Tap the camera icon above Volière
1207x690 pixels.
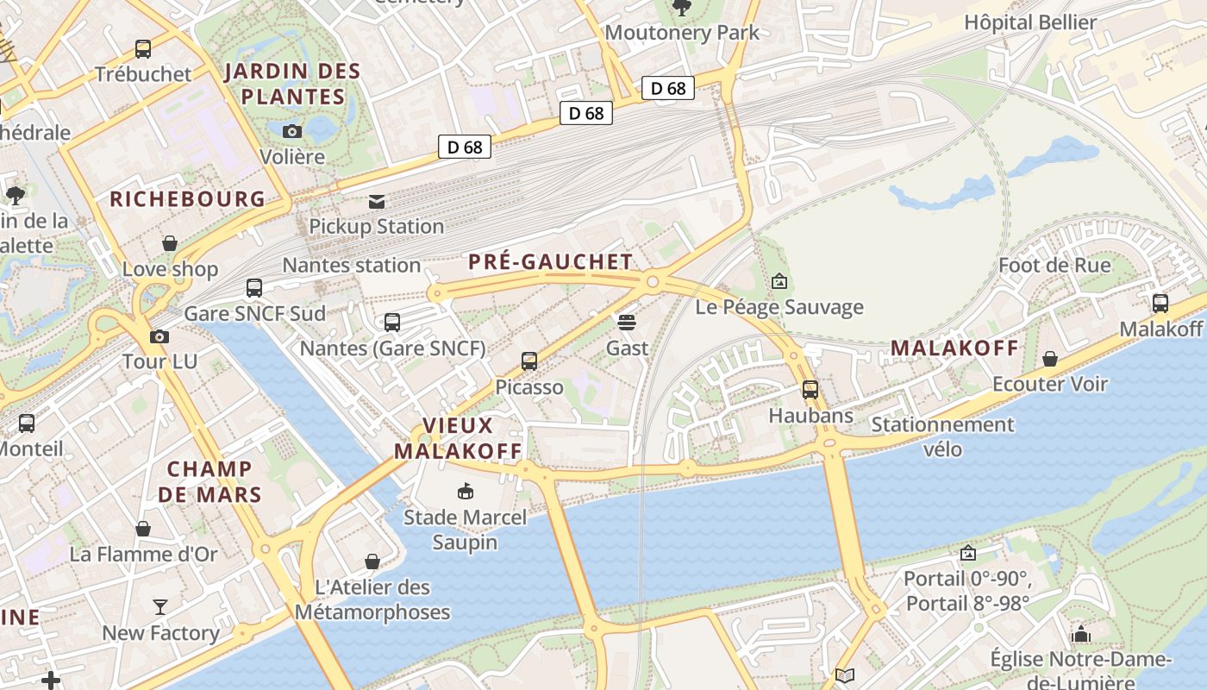pyautogui.click(x=292, y=131)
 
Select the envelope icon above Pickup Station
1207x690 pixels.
pyautogui.click(x=377, y=201)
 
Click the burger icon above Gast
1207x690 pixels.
pyautogui.click(x=627, y=322)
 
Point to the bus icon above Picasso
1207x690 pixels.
pyautogui.click(x=529, y=361)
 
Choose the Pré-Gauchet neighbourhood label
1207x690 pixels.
pyautogui.click(x=550, y=262)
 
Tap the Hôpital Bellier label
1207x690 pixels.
pyautogui.click(x=1029, y=22)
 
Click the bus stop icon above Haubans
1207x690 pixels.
pyautogui.click(x=810, y=389)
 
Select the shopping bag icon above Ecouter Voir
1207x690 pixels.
pyautogui.click(x=1050, y=358)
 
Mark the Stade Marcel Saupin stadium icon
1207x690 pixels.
pyautogui.click(x=466, y=492)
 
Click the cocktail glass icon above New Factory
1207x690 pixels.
pyautogui.click(x=160, y=607)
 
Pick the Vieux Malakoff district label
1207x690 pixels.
pyautogui.click(x=458, y=438)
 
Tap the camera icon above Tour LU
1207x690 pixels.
pyautogui.click(x=159, y=336)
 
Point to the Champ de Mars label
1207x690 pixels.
pyautogui.click(x=210, y=481)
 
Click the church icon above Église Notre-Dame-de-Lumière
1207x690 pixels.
pyautogui.click(x=1081, y=635)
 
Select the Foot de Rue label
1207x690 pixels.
pyautogui.click(x=1054, y=265)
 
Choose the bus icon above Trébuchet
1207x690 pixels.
pyautogui.click(x=143, y=49)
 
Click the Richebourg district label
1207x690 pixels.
pyautogui.click(x=187, y=199)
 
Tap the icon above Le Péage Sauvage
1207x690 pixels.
pyautogui.click(x=779, y=280)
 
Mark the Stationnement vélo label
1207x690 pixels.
pyautogui.click(x=942, y=436)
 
